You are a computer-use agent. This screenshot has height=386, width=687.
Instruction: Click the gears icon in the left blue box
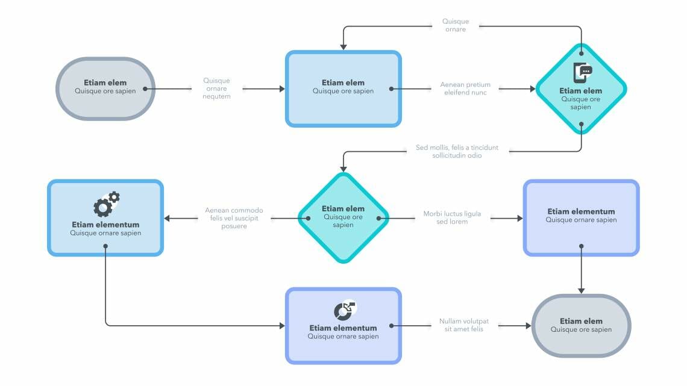(x=106, y=204)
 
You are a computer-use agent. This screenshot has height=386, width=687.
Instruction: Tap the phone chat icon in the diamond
(x=582, y=73)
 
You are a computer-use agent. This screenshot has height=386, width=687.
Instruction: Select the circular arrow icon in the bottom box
(x=345, y=310)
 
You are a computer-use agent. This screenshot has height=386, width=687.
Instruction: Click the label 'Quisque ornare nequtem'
(x=216, y=89)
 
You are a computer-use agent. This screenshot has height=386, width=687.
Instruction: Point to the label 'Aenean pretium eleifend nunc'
(x=465, y=89)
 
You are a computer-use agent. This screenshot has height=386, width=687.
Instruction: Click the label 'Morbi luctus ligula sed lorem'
(x=452, y=217)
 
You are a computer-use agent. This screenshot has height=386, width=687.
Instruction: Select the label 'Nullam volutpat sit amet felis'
(x=463, y=325)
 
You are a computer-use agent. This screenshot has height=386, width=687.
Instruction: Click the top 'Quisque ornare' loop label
(x=456, y=25)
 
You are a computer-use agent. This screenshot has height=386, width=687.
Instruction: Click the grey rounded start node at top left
(x=105, y=89)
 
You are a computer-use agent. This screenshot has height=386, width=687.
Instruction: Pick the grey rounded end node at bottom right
(x=581, y=326)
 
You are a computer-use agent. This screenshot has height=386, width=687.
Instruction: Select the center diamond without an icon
(x=343, y=217)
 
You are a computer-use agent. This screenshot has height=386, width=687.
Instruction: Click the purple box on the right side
(x=581, y=217)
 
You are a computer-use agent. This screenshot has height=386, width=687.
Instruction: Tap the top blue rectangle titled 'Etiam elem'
(x=343, y=89)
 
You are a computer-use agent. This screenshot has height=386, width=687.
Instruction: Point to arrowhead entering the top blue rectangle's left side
(x=281, y=89)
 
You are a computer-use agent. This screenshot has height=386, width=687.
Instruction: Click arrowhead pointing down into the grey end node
(x=582, y=290)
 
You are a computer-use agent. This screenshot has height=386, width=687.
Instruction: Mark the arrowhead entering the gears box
(x=168, y=218)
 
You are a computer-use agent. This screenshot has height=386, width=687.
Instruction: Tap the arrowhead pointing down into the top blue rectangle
(x=343, y=46)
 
